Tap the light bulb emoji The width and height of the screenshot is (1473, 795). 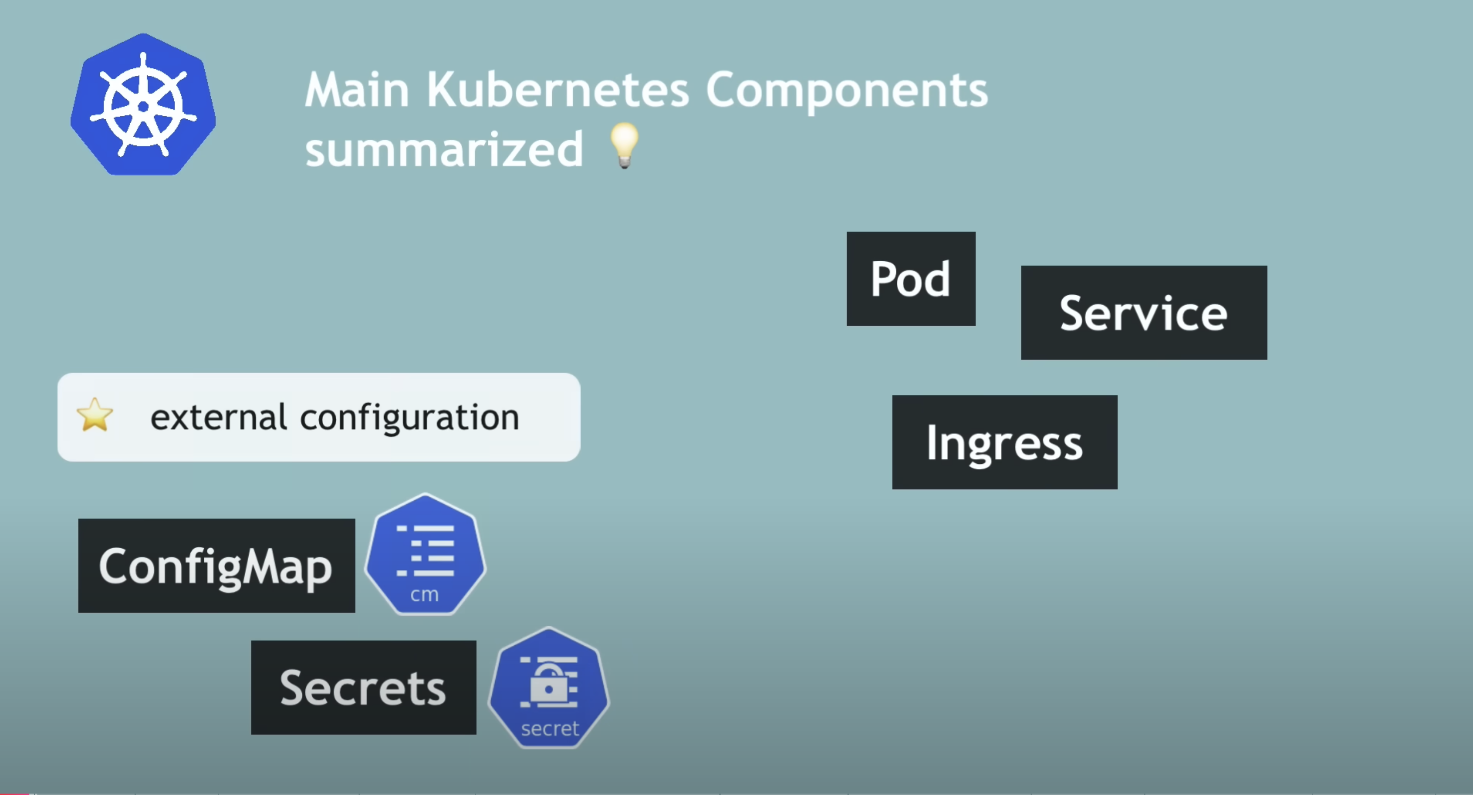[624, 145]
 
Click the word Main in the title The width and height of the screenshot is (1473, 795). [358, 90]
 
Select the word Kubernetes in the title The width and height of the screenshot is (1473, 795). [558, 90]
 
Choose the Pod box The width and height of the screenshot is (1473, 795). [911, 279]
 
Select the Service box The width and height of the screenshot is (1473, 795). [1144, 313]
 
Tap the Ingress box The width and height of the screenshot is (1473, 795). [1005, 442]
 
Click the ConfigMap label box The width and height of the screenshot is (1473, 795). [216, 566]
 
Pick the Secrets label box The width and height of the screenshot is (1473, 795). [363, 688]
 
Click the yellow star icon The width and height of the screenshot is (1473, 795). [95, 415]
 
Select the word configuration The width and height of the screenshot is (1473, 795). [409, 418]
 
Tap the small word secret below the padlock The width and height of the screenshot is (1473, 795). [549, 729]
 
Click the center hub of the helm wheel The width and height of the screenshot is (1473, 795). [143, 106]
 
